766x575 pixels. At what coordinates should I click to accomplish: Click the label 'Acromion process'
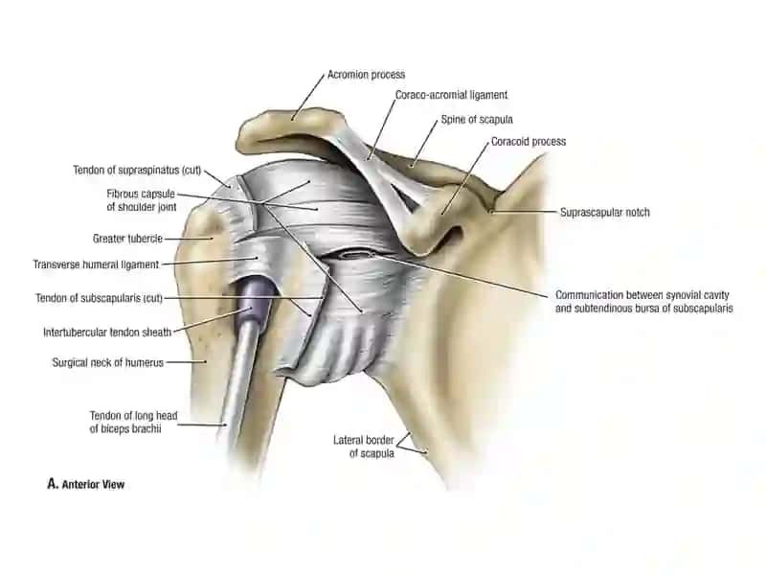[x=366, y=75]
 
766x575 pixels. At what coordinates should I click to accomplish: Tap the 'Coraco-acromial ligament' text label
[x=451, y=95]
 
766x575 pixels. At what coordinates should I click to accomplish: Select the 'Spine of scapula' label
[x=477, y=119]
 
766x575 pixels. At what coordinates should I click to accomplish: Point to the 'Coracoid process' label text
[x=529, y=141]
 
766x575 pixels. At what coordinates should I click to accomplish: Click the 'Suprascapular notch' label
[x=605, y=212]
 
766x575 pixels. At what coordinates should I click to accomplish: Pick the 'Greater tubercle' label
[x=127, y=239]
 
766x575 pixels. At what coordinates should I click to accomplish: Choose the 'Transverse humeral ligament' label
[x=96, y=264]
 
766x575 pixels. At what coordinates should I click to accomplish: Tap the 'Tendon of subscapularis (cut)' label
[x=99, y=298]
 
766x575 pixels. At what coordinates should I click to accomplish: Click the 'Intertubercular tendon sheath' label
[x=107, y=333]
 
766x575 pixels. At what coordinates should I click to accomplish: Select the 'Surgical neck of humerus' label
[x=108, y=363]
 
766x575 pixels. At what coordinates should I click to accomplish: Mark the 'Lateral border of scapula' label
[x=364, y=447]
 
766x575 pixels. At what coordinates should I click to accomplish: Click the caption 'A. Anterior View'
[x=86, y=484]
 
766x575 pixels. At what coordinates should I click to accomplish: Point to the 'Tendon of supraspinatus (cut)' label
[x=137, y=171]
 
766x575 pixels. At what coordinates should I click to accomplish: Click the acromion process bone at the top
[x=288, y=128]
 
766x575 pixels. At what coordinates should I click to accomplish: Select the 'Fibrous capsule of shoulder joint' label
[x=141, y=200]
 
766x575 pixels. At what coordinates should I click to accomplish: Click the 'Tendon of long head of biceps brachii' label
[x=133, y=422]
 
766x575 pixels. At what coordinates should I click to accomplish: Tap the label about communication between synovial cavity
[x=643, y=302]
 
